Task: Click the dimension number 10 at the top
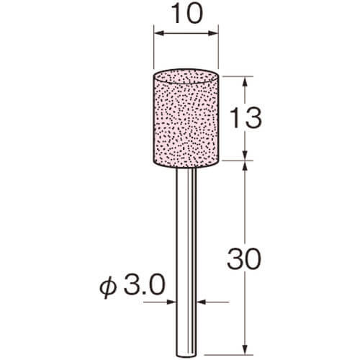click(x=187, y=14)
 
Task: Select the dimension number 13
click(x=246, y=117)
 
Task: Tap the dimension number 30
click(x=244, y=258)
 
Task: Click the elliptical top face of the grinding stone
click(x=186, y=76)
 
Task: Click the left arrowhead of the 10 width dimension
click(x=158, y=33)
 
